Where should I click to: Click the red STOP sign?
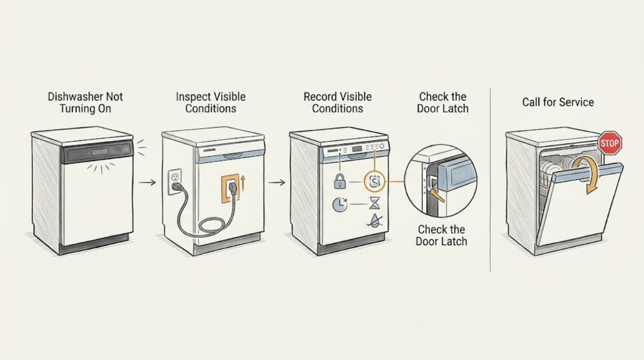tap(610, 143)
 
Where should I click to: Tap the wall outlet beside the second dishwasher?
tap(175, 182)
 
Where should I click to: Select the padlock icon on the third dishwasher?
tap(340, 181)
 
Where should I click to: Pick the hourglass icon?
tap(374, 203)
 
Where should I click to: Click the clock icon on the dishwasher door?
tap(340, 204)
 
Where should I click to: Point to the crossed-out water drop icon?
tap(374, 221)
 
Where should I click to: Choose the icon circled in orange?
tap(374, 182)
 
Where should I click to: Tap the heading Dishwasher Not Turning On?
tap(86, 103)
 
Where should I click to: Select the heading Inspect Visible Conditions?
tap(211, 103)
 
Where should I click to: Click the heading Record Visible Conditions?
tap(338, 103)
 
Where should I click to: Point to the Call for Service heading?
tap(558, 102)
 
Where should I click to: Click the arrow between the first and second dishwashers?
tap(147, 182)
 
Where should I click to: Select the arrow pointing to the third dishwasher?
tap(277, 182)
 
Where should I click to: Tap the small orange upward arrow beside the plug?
tap(243, 184)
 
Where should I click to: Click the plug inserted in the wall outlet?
tap(178, 187)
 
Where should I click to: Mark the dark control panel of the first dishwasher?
tap(97, 152)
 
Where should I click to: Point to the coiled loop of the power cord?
tap(212, 225)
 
